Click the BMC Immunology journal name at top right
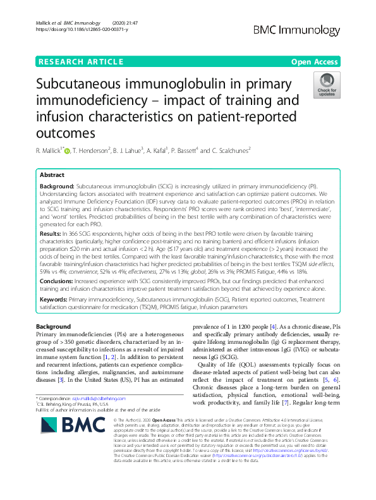[305, 30]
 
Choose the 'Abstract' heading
[52, 174]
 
